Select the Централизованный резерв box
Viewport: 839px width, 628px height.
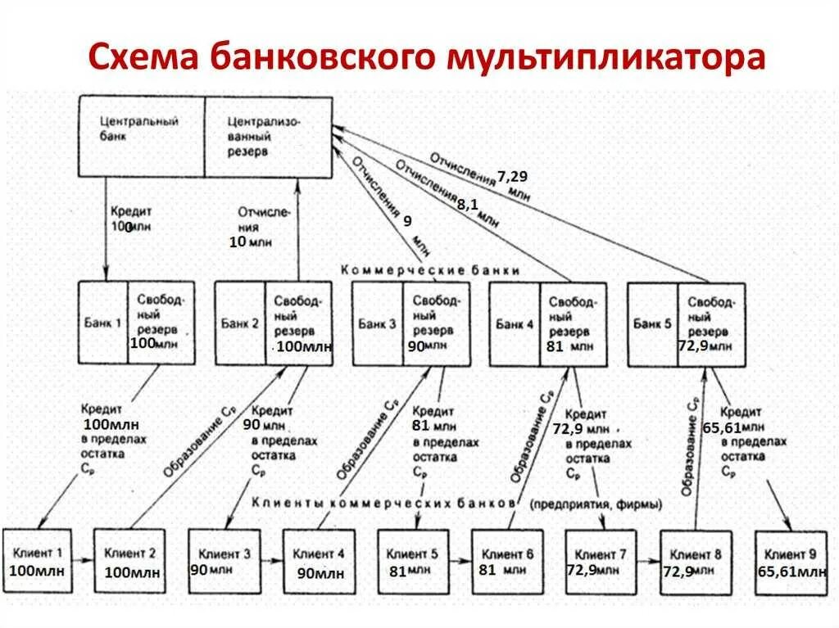click(268, 136)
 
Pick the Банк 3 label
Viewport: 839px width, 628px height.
click(378, 323)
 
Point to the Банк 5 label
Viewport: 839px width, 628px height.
click(652, 323)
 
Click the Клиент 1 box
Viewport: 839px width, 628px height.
click(37, 561)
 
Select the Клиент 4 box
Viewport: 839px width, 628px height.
click(319, 562)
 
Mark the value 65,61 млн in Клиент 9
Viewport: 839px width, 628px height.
click(791, 571)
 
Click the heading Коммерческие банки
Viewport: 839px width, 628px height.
click(430, 270)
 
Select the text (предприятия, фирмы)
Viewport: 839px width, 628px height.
click(596, 504)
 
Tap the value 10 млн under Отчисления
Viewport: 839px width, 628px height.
click(251, 242)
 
